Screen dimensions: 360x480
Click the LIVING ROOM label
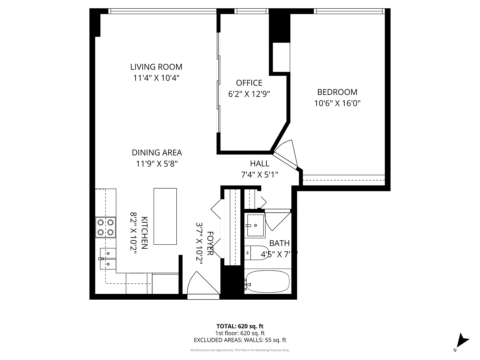[156, 67]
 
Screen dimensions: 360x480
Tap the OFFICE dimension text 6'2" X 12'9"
[249, 94]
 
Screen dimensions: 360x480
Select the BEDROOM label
[337, 92]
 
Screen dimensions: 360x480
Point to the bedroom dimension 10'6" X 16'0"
[337, 103]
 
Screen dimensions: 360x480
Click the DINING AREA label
[157, 153]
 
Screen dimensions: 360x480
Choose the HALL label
[259, 163]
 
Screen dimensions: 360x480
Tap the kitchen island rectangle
[165, 216]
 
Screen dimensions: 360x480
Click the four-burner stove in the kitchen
[106, 227]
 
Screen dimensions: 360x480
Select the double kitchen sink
[108, 258]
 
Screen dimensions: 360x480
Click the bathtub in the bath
[267, 282]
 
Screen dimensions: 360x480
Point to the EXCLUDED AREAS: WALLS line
[240, 340]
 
